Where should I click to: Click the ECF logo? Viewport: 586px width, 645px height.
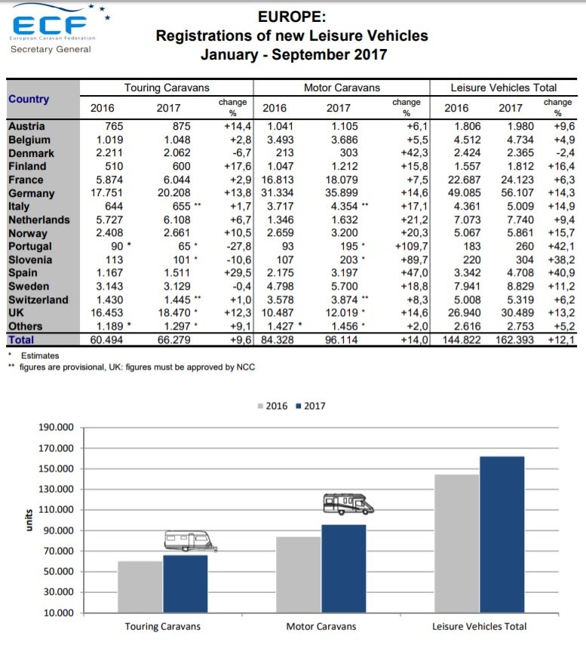[51, 28]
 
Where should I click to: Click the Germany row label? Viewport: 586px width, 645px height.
[30, 193]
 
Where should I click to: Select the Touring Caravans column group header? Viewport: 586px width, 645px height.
[167, 88]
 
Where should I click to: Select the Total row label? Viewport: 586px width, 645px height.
[22, 340]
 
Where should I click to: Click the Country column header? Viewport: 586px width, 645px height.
[29, 100]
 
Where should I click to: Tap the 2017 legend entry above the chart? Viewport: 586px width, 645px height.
[310, 406]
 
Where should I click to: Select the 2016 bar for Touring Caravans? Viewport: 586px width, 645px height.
[140, 586]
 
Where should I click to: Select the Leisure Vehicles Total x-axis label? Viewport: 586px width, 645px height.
[479, 626]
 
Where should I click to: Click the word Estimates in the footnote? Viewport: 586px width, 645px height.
[40, 355]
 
